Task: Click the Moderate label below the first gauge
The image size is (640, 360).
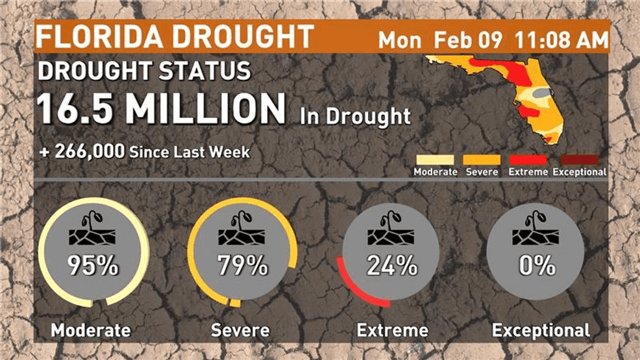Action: tap(90, 330)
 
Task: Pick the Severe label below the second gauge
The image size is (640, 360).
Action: tap(240, 330)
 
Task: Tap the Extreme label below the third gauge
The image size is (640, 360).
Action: tap(393, 330)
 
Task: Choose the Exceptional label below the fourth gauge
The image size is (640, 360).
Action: tap(541, 330)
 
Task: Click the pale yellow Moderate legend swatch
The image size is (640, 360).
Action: tap(436, 160)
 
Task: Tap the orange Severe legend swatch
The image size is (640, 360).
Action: tap(481, 160)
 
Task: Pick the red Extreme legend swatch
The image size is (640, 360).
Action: tap(528, 160)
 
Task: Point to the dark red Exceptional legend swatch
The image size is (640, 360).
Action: tap(579, 160)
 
